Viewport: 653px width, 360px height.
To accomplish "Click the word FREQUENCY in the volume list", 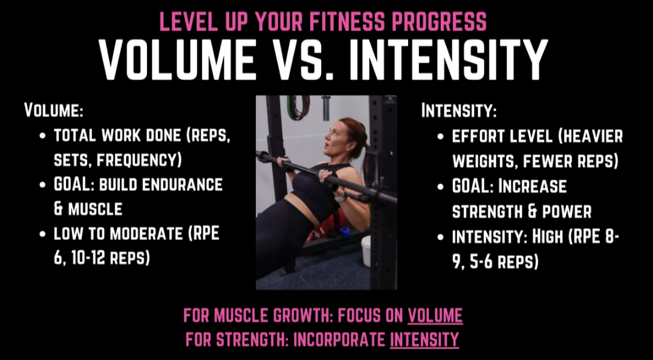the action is click(x=139, y=161).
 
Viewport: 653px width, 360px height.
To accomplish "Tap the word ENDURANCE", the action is click(x=182, y=185).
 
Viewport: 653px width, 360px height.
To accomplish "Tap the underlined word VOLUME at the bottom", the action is click(x=435, y=316).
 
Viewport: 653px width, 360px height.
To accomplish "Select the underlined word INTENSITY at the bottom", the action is click(x=424, y=339).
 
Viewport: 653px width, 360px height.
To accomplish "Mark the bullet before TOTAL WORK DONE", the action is click(x=42, y=136).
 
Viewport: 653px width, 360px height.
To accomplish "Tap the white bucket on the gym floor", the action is click(x=366, y=251).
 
